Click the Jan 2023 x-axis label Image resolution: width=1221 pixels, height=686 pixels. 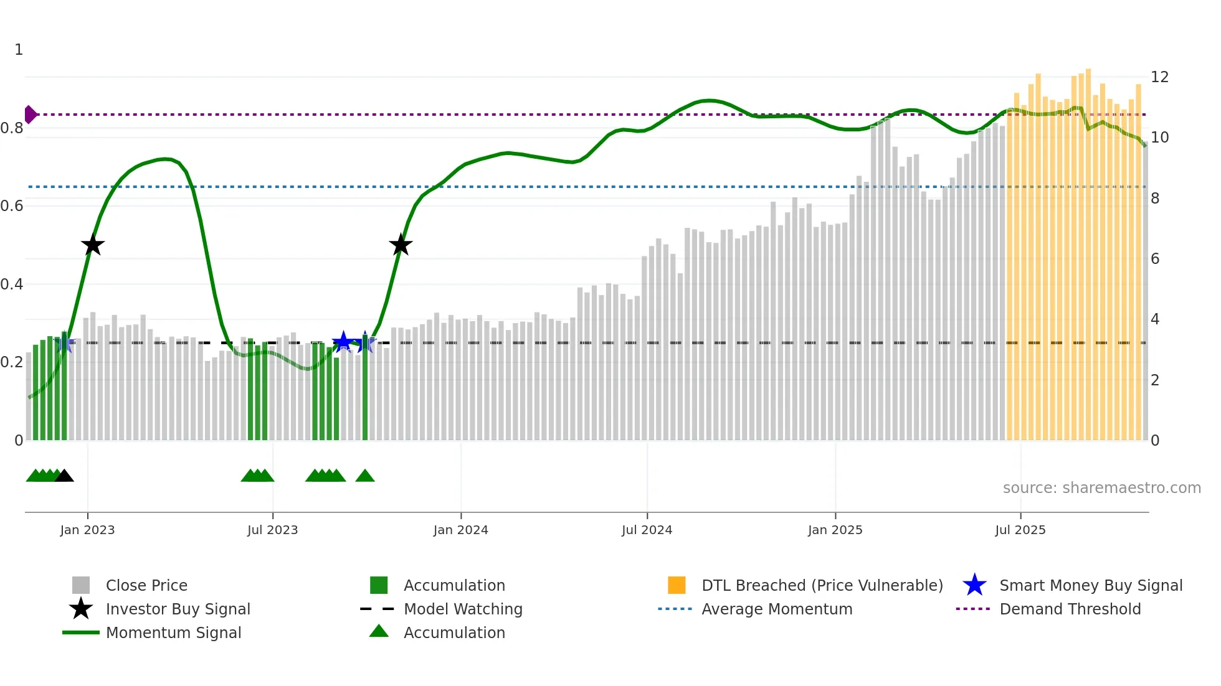[x=87, y=530]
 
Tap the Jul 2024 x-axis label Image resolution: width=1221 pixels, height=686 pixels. [x=647, y=530]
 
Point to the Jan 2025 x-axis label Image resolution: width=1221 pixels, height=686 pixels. [x=835, y=530]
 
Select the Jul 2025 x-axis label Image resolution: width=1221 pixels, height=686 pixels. [x=1020, y=530]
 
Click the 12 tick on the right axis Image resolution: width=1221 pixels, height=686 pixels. [x=1159, y=77]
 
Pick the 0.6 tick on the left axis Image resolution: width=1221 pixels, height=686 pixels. [x=12, y=206]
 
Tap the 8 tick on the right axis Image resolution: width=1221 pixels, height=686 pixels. [x=1155, y=199]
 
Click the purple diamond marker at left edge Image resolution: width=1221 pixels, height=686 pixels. [x=30, y=115]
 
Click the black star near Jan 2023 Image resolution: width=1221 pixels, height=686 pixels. [x=93, y=245]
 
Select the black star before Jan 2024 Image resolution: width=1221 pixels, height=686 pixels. [x=401, y=245]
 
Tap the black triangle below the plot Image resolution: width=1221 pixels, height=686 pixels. [x=64, y=476]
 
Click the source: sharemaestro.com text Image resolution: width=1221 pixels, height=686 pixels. [x=1101, y=488]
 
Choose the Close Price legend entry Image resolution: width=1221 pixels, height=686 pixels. [x=146, y=586]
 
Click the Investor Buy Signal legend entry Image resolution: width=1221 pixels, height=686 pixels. [x=178, y=609]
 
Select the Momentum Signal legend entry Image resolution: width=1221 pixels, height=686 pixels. [x=173, y=633]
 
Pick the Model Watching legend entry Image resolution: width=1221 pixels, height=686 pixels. [x=463, y=609]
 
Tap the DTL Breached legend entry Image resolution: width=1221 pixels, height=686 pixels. [x=822, y=586]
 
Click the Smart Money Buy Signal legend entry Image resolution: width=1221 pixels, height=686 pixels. [x=1090, y=586]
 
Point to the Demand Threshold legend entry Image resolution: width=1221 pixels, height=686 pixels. [x=1070, y=609]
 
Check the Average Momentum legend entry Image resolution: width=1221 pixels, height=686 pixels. [x=776, y=609]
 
